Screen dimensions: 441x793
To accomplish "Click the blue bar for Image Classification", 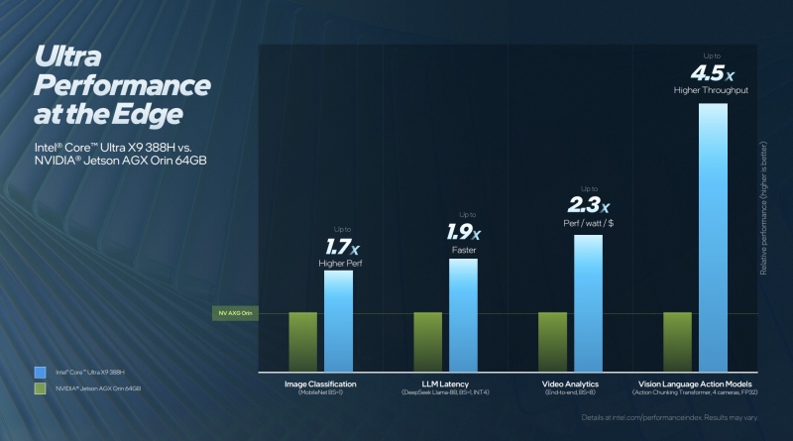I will (339, 319).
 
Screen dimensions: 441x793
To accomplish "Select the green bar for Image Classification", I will (302, 340).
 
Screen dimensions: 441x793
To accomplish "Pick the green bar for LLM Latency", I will (427, 340).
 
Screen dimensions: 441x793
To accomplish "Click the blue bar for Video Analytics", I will (588, 301).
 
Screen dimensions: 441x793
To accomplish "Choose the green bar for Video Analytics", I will (552, 340).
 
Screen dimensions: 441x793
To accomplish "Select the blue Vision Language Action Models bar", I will (713, 235).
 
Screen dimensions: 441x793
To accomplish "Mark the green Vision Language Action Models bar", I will (677, 340).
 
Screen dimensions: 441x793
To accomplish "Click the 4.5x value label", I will (713, 71).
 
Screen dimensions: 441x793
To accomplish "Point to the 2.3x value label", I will (588, 205).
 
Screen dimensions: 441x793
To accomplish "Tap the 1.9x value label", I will (463, 233).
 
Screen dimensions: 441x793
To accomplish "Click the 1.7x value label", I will (338, 245).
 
